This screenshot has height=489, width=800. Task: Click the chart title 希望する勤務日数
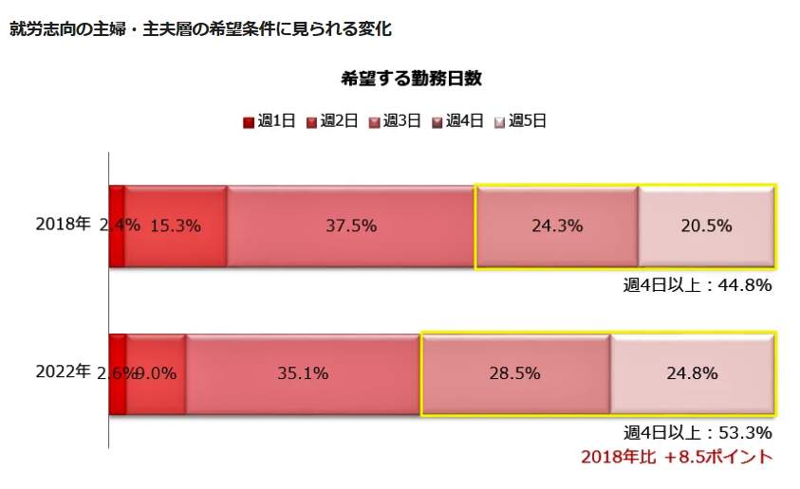[x=411, y=79]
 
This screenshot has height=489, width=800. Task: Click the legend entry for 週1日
[x=270, y=120]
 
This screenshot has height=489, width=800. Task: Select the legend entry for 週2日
[x=332, y=120]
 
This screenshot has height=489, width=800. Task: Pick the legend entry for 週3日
[x=395, y=120]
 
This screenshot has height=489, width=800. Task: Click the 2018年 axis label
[x=63, y=225]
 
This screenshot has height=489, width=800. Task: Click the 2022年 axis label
[x=63, y=371]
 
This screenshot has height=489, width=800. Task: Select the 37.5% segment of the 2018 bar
[x=351, y=226]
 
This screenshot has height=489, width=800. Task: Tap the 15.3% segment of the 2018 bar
[x=177, y=226]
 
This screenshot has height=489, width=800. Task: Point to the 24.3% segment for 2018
[x=557, y=226]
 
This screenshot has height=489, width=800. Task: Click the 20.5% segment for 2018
[x=707, y=226]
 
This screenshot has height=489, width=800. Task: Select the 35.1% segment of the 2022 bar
[x=303, y=373]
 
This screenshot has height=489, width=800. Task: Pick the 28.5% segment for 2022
[x=515, y=373]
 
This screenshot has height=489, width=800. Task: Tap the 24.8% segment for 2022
[x=692, y=373]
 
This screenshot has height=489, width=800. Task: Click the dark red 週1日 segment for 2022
[x=118, y=373]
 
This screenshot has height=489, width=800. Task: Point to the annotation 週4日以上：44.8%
[x=697, y=284]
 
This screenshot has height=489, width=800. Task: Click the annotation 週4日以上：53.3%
[x=697, y=432]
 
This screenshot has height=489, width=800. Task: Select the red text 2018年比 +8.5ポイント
[x=677, y=457]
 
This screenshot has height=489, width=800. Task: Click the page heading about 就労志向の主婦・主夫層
[x=200, y=28]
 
